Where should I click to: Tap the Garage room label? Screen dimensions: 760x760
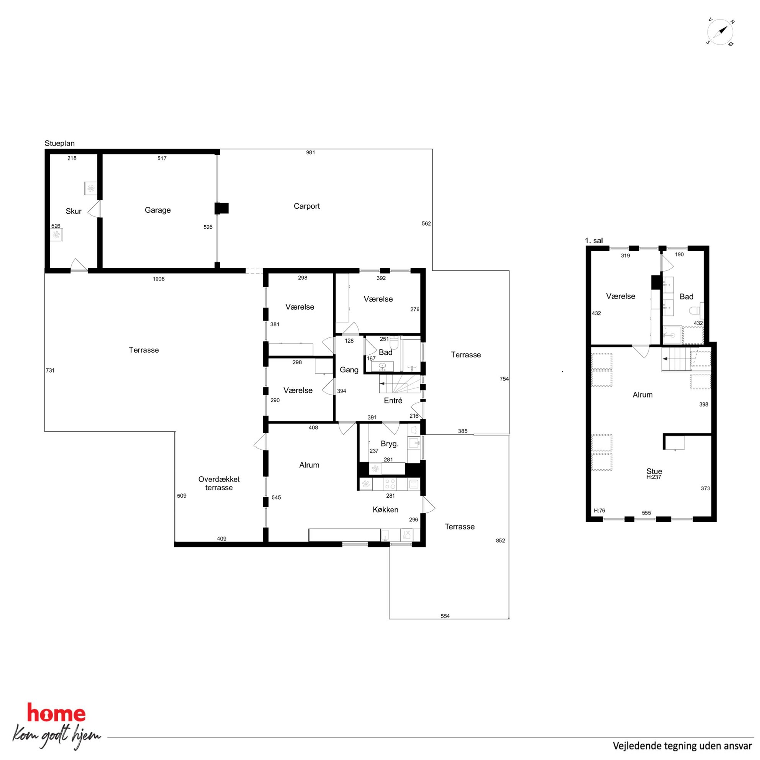[158, 210]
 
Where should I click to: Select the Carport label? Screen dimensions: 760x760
[306, 206]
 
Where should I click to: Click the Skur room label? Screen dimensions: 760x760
[74, 211]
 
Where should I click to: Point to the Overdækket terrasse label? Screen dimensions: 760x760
[219, 483]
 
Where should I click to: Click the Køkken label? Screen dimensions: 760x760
[385, 509]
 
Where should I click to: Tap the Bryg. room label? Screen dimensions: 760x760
[390, 444]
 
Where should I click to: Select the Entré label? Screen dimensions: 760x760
[393, 400]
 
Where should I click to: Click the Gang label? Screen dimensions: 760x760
[349, 370]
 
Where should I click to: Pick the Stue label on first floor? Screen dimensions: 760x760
[654, 471]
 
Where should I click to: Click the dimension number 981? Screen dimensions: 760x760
[310, 152]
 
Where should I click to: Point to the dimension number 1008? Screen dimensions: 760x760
[159, 279]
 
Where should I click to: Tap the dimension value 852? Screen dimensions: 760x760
[500, 541]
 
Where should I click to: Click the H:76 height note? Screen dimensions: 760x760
[599, 511]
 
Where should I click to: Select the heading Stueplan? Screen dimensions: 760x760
[59, 144]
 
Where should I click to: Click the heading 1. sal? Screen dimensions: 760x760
[594, 241]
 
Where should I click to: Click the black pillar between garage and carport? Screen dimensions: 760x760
[221, 208]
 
